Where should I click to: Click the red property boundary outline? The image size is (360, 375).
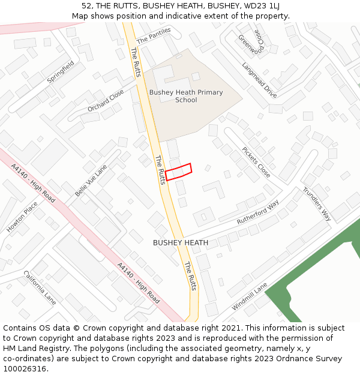[178, 172]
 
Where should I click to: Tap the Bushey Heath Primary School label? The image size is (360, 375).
[186, 96]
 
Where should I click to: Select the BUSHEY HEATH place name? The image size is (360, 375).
[181, 243]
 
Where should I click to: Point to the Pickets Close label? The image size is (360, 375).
[256, 163]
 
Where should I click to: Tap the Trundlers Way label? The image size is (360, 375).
[317, 204]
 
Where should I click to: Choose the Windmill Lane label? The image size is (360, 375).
[250, 298]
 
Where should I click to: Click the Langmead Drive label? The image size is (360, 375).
[259, 81]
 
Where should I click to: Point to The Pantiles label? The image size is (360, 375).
[154, 35]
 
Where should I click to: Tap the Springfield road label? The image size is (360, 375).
[61, 73]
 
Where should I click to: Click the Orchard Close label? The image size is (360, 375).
[106, 101]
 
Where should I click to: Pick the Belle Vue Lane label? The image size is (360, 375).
[91, 181]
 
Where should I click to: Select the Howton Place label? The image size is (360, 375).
[22, 217]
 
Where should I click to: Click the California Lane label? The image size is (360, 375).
[40, 287]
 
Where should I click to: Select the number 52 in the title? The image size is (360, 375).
[86, 6]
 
